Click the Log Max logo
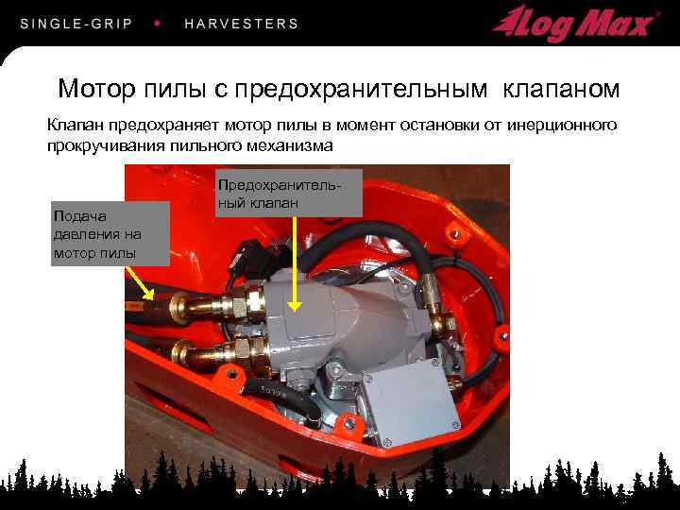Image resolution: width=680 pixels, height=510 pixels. coord(574,25)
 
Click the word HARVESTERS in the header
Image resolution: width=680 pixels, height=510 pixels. coord(242,24)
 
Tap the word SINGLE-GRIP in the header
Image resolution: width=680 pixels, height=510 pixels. coord(76,24)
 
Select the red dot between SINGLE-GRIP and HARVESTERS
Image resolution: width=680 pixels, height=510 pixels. coord(158,23)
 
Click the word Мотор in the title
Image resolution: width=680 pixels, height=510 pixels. coord(96,89)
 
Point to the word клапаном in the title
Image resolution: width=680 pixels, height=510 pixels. coord(561,89)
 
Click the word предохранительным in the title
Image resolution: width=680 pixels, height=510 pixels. coord(361,90)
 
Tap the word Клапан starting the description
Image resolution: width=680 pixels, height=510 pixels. coord(76,126)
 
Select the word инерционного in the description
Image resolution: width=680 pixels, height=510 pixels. coord(562,126)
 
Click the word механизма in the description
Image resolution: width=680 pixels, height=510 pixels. coord(289,145)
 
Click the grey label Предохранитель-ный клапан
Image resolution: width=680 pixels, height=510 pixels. coord(289,193)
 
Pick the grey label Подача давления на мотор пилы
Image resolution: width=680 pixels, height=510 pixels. coord(110,234)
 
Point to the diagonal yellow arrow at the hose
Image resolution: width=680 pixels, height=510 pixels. coord(140,282)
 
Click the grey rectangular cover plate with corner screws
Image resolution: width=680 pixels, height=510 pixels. coord(410,399)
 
